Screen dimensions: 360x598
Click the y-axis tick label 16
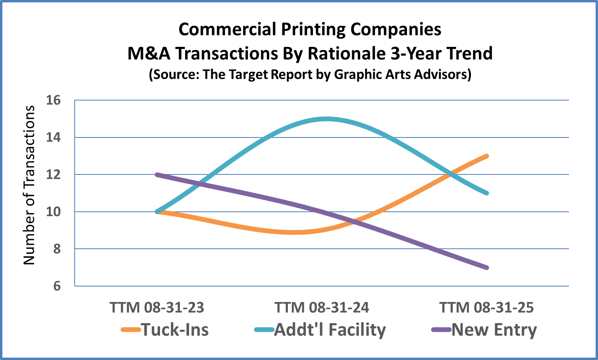click(x=53, y=100)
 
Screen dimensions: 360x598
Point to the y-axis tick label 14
click(x=53, y=137)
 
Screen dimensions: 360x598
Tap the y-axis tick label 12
click(x=53, y=174)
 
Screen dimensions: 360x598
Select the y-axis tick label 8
click(x=56, y=249)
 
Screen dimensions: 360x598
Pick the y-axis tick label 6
click(x=56, y=286)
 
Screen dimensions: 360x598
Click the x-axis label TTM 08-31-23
click(x=157, y=308)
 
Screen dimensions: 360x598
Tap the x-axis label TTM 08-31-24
click(x=322, y=308)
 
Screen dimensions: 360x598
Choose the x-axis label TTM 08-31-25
click(x=486, y=308)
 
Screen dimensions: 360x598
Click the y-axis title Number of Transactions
click(x=29, y=185)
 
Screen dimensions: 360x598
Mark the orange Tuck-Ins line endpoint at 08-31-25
click(x=487, y=156)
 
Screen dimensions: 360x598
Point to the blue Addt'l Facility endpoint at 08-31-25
click(x=487, y=193)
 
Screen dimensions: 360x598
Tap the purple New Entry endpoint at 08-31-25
click(x=487, y=267)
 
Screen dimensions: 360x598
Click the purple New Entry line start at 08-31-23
click(x=157, y=174)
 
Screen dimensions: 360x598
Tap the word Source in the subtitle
click(x=175, y=74)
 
